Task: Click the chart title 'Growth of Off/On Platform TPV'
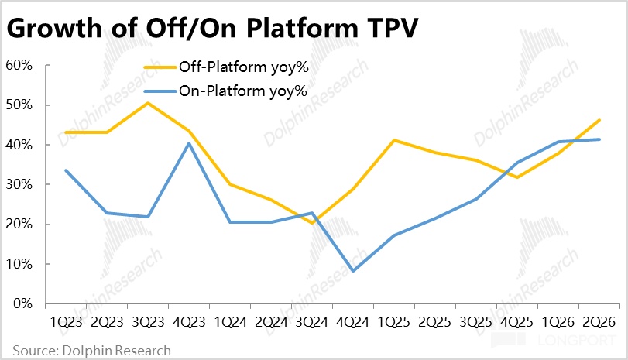point(212,29)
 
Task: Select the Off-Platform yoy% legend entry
point(226,67)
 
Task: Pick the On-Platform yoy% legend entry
point(225,91)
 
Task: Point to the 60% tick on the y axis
point(19,65)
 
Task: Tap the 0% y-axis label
point(22,303)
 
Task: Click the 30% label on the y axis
point(19,184)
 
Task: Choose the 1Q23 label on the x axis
point(66,322)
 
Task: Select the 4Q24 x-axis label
point(353,322)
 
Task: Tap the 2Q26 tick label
point(599,322)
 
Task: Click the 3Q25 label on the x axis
point(475,322)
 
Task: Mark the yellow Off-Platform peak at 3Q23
point(148,103)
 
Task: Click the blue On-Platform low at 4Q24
point(353,271)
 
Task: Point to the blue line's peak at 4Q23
point(189,143)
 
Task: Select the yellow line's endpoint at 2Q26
point(599,120)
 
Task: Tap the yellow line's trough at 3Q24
point(312,223)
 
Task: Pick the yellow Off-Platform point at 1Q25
point(394,140)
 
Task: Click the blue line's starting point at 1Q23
point(66,170)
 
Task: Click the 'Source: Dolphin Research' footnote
point(91,351)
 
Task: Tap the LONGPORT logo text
point(576,341)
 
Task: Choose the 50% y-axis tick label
point(19,105)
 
